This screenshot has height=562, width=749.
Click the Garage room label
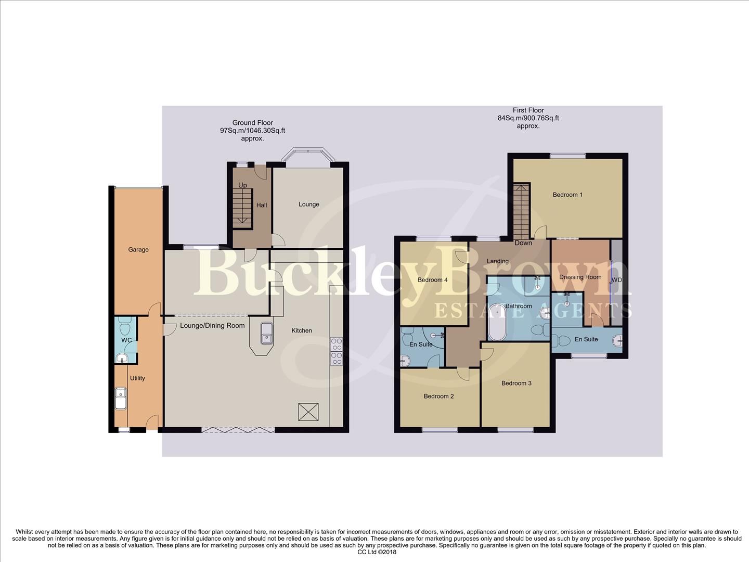click(x=138, y=250)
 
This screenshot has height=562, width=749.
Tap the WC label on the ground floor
click(x=126, y=340)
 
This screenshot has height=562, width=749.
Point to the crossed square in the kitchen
click(x=308, y=412)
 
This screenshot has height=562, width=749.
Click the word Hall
click(x=262, y=205)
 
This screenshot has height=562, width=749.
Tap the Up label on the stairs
click(x=242, y=185)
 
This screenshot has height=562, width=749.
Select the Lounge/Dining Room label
click(x=212, y=326)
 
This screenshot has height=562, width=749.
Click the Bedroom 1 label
click(x=567, y=195)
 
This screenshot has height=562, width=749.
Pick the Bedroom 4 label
click(x=432, y=280)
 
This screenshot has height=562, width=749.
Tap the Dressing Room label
click(x=580, y=277)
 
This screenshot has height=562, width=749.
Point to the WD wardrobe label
click(x=617, y=280)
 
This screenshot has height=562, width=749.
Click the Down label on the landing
click(x=523, y=243)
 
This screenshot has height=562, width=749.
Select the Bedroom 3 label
click(x=516, y=384)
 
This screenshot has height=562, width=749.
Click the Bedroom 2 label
click(x=438, y=396)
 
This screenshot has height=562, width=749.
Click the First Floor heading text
click(x=528, y=110)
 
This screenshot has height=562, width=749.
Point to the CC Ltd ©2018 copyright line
click(x=377, y=552)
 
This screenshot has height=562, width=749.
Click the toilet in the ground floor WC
click(x=124, y=328)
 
